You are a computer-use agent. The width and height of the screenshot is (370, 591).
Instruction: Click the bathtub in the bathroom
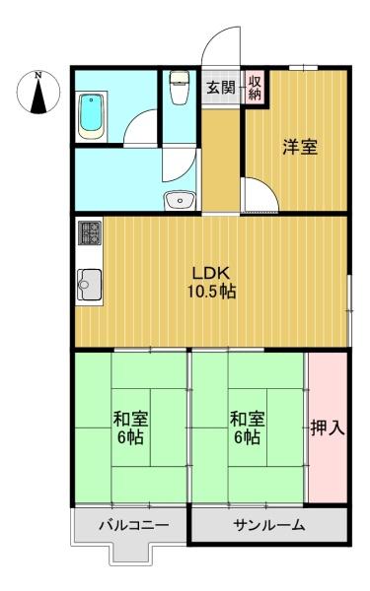(x=91, y=116)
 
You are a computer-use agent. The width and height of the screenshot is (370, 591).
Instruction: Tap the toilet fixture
(x=179, y=88)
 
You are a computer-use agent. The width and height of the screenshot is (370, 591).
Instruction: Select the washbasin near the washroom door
(x=180, y=200)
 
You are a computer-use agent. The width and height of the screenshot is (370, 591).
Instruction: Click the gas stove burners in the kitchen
(x=90, y=232)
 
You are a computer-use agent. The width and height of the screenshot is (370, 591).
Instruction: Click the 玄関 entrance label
(x=221, y=88)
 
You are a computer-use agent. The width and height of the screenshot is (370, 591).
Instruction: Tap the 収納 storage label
(x=255, y=89)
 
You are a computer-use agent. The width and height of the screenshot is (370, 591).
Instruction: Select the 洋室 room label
(x=300, y=147)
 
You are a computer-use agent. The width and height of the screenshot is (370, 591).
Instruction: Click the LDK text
(x=211, y=273)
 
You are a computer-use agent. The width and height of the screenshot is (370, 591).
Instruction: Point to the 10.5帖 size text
(x=211, y=292)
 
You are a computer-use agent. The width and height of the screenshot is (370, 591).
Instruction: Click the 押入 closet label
(x=328, y=427)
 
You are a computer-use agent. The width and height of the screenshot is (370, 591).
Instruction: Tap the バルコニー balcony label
(x=133, y=525)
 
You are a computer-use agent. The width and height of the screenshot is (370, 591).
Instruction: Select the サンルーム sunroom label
(x=268, y=525)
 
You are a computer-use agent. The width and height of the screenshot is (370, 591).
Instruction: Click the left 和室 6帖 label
(x=130, y=427)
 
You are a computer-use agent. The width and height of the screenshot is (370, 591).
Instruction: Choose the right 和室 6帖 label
(x=248, y=427)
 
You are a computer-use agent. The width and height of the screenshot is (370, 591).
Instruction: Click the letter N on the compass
(x=38, y=76)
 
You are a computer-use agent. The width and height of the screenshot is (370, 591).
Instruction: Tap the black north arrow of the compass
(x=38, y=97)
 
